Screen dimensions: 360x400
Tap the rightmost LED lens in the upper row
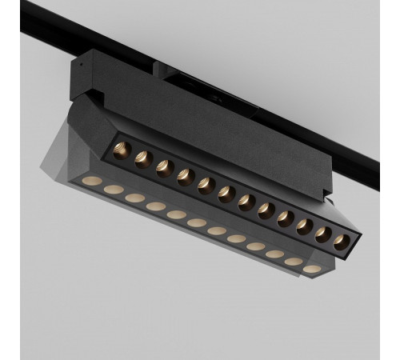pyautogui.click(x=342, y=242)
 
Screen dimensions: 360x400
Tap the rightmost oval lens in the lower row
pyautogui.click(x=312, y=270)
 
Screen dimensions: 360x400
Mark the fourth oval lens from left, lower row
pyautogui.click(x=155, y=206)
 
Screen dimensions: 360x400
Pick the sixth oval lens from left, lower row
pyautogui.click(x=196, y=222)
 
